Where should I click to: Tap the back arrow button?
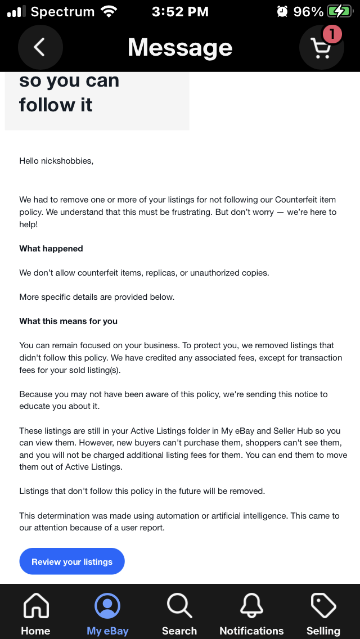pos(40,47)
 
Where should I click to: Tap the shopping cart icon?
pos(321,48)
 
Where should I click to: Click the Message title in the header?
pos(180,47)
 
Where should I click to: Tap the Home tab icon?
pos(35,606)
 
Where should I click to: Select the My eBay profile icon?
pos(107,606)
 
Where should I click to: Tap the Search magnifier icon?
pos(179,606)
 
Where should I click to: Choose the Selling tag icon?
pos(323,606)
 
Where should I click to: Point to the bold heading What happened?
pos(51,249)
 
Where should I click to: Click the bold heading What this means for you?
pos(69,321)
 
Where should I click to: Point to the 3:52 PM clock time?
pos(179,12)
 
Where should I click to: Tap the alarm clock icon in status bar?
pos(282,12)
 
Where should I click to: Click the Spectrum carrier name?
pos(62,12)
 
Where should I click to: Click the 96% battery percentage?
pos(308,12)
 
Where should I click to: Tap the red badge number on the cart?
pos(332,35)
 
